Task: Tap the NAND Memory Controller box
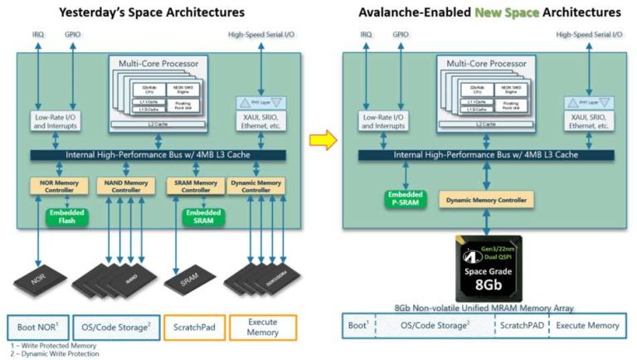click(121, 186)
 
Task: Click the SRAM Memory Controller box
click(194, 186)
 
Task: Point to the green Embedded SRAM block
click(202, 216)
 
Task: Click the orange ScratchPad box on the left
click(194, 327)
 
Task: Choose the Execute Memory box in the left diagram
click(263, 327)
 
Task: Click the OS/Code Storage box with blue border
click(114, 327)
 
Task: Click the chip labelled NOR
click(46, 279)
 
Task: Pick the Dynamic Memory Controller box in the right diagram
click(486, 200)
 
